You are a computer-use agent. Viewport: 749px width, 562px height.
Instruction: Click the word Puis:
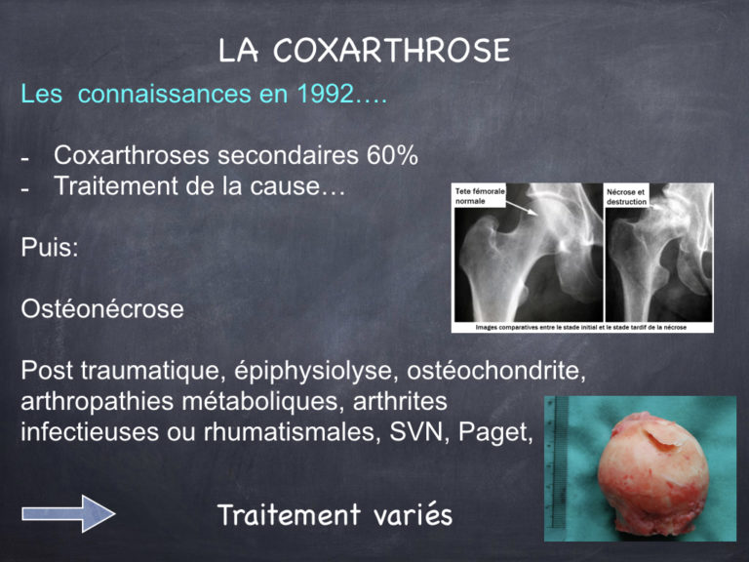(x=50, y=248)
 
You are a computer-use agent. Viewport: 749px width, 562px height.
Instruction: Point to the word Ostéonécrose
(x=101, y=310)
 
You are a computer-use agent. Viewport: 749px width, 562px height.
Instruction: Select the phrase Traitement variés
(x=335, y=514)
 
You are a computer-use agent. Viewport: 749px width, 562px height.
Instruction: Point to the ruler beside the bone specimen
(x=557, y=459)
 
